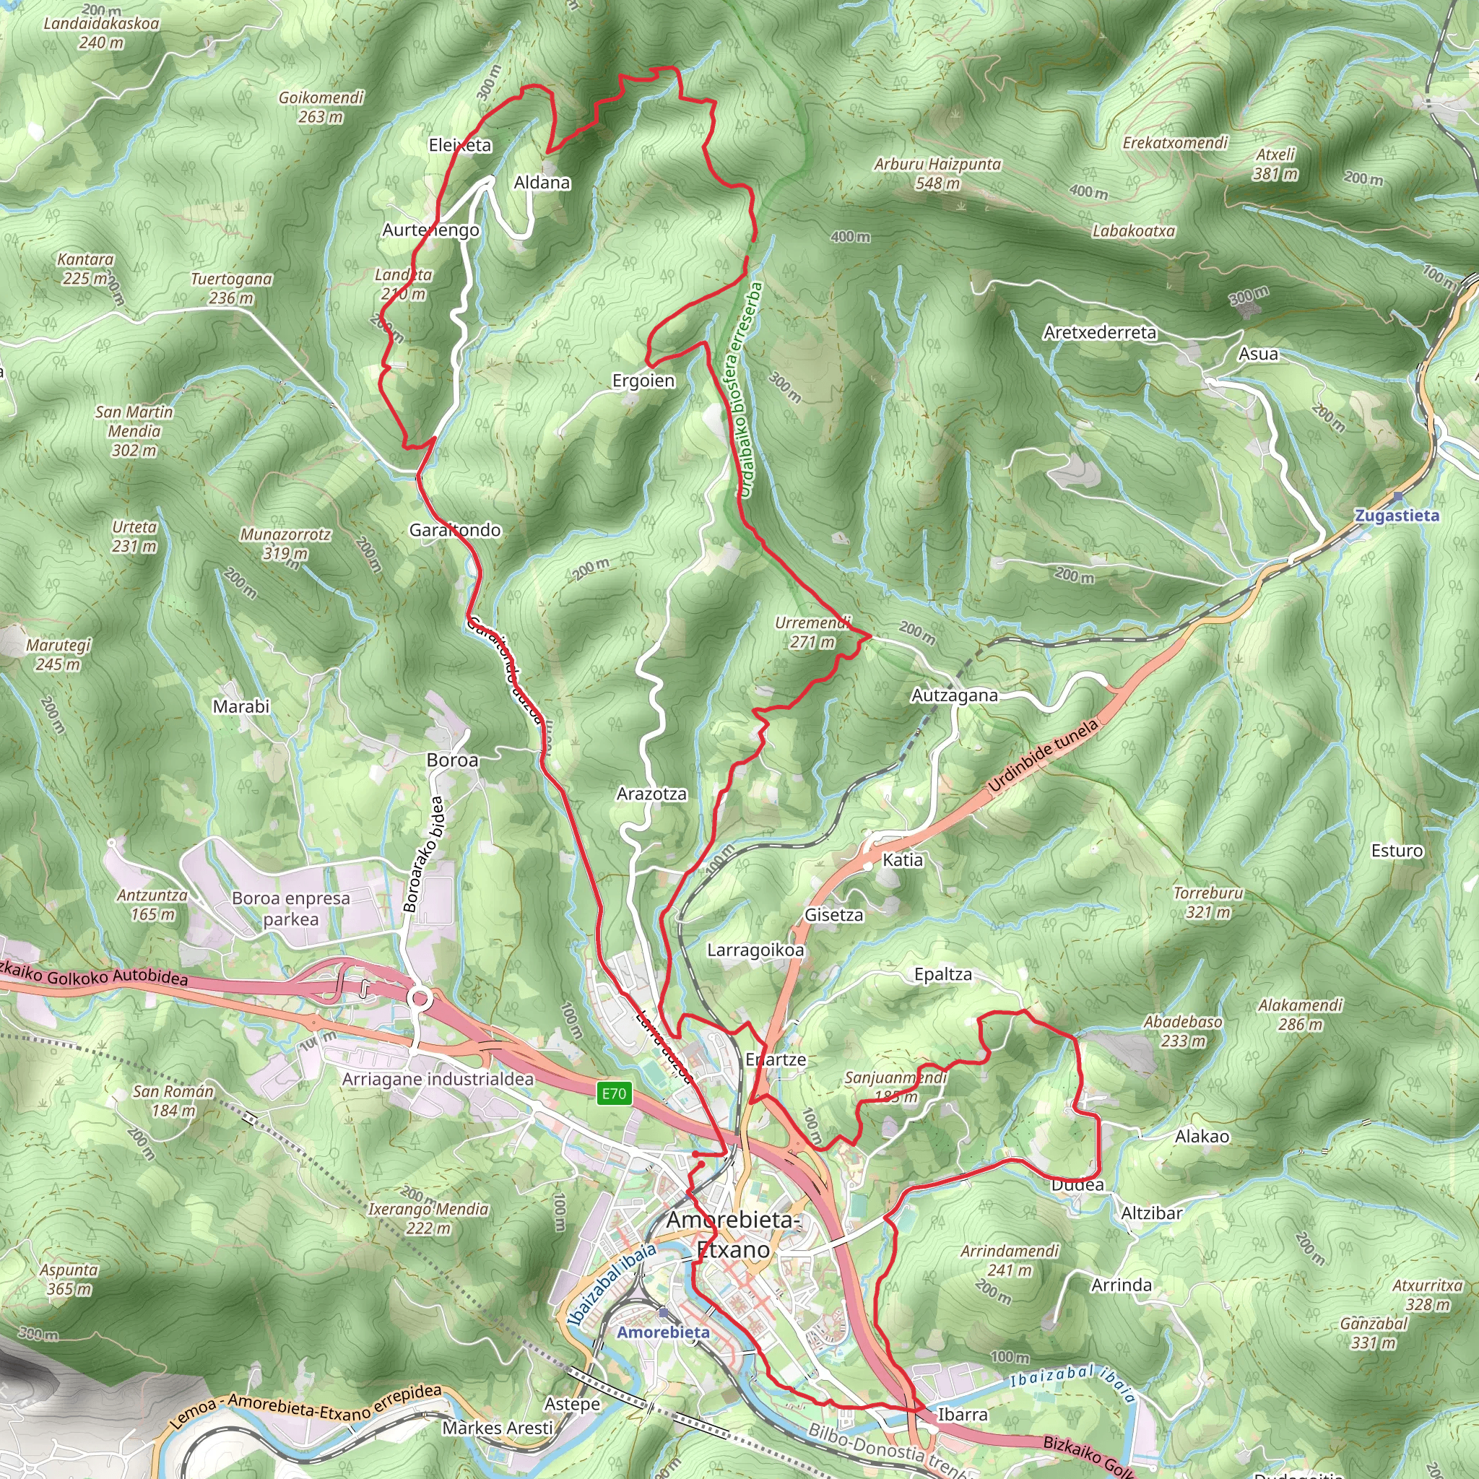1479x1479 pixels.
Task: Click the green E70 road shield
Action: pos(613,1093)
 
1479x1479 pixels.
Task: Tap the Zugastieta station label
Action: pos(1397,515)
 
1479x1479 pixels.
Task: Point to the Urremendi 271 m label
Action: pos(812,633)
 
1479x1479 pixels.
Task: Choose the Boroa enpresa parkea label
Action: pos(291,908)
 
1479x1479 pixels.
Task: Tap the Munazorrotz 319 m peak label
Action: pos(285,544)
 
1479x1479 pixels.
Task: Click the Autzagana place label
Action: pos(955,695)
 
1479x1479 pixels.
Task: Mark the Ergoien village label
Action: pos(643,381)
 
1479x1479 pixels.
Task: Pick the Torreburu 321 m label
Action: pos(1208,903)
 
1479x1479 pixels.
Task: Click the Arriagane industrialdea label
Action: pos(438,1079)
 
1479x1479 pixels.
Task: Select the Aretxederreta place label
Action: pos(1099,332)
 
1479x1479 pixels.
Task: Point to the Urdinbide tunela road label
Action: pos(1043,755)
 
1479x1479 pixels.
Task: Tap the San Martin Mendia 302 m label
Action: pos(134,431)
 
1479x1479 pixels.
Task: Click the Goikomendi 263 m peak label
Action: pos(321,107)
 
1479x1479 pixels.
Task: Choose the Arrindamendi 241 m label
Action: pos(1009,1261)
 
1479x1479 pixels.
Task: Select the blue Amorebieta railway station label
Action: pos(663,1332)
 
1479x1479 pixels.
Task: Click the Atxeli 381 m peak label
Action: pos(1275,164)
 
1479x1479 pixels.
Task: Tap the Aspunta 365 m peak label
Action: pos(69,1279)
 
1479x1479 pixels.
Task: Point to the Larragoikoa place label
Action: pos(755,950)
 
